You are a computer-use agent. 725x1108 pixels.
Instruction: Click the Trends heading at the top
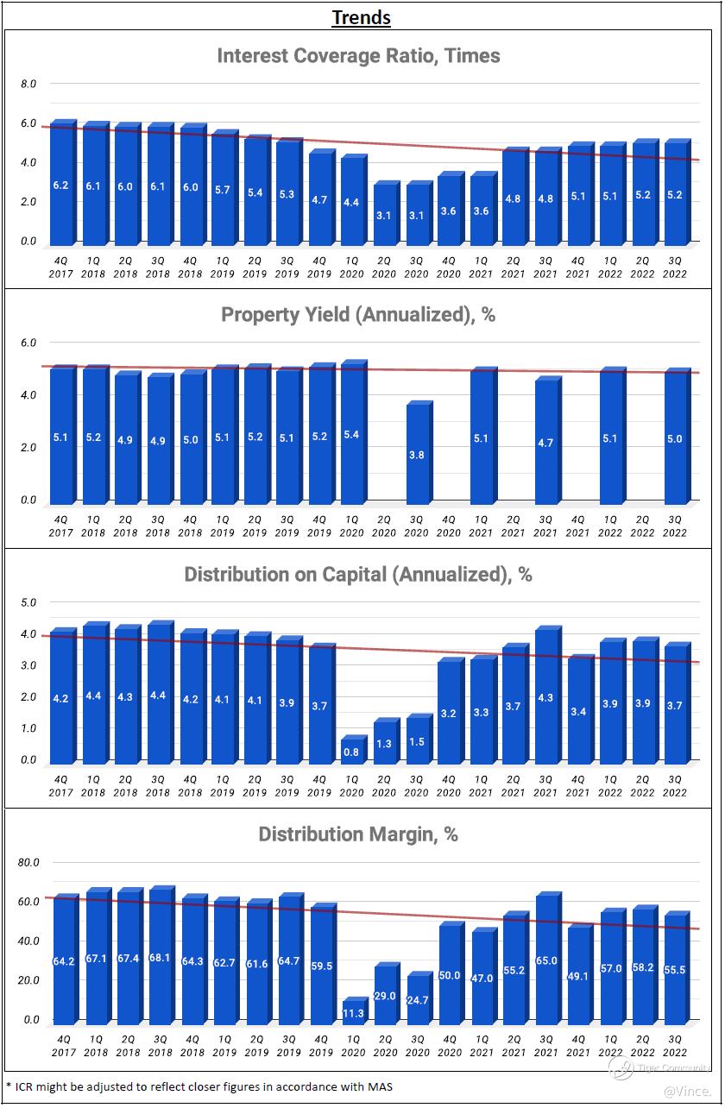(362, 17)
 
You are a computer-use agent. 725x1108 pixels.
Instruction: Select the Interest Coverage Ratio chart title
(358, 56)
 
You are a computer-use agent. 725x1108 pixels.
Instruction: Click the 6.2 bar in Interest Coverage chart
(60, 185)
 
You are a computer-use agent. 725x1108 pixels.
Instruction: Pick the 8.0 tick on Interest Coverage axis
(28, 85)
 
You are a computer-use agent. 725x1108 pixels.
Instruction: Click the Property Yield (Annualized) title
(358, 315)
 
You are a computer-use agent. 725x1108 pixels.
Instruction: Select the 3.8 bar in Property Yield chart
(416, 454)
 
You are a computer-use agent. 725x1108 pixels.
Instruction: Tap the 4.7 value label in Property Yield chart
(545, 444)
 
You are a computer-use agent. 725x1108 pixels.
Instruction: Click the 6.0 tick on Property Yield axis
(28, 343)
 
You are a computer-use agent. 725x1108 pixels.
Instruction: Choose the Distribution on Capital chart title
(358, 575)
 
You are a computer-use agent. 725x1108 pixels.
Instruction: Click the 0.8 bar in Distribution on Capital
(351, 751)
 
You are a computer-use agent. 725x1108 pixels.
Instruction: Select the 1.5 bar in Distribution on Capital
(416, 741)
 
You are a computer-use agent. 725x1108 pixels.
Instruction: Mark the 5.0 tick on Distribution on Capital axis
(28, 603)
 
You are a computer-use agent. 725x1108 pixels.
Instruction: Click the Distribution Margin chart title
(358, 834)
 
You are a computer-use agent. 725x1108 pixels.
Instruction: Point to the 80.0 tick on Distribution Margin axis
(28, 863)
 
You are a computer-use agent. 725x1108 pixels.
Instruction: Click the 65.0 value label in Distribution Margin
(547, 960)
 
